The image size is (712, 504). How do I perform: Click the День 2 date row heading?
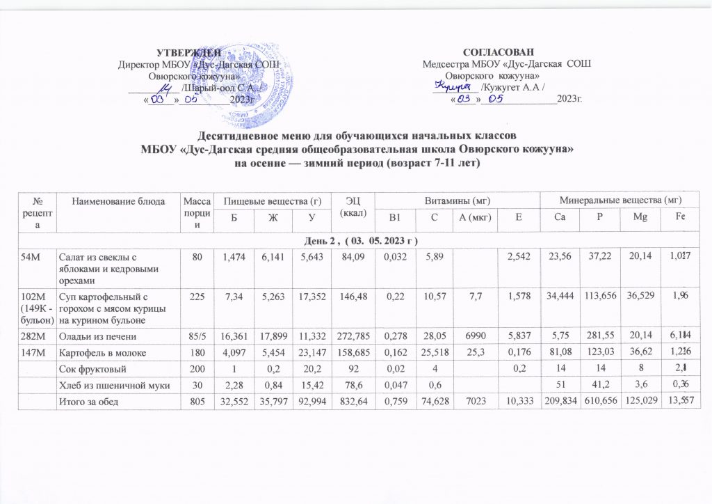point(355,240)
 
